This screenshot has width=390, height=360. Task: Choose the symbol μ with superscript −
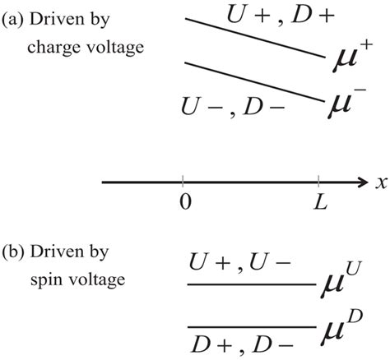(x=344, y=104)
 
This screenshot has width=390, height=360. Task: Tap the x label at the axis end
(x=381, y=184)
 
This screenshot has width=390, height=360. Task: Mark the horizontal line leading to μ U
(x=251, y=285)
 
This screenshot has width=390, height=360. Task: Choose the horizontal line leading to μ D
(x=251, y=327)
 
